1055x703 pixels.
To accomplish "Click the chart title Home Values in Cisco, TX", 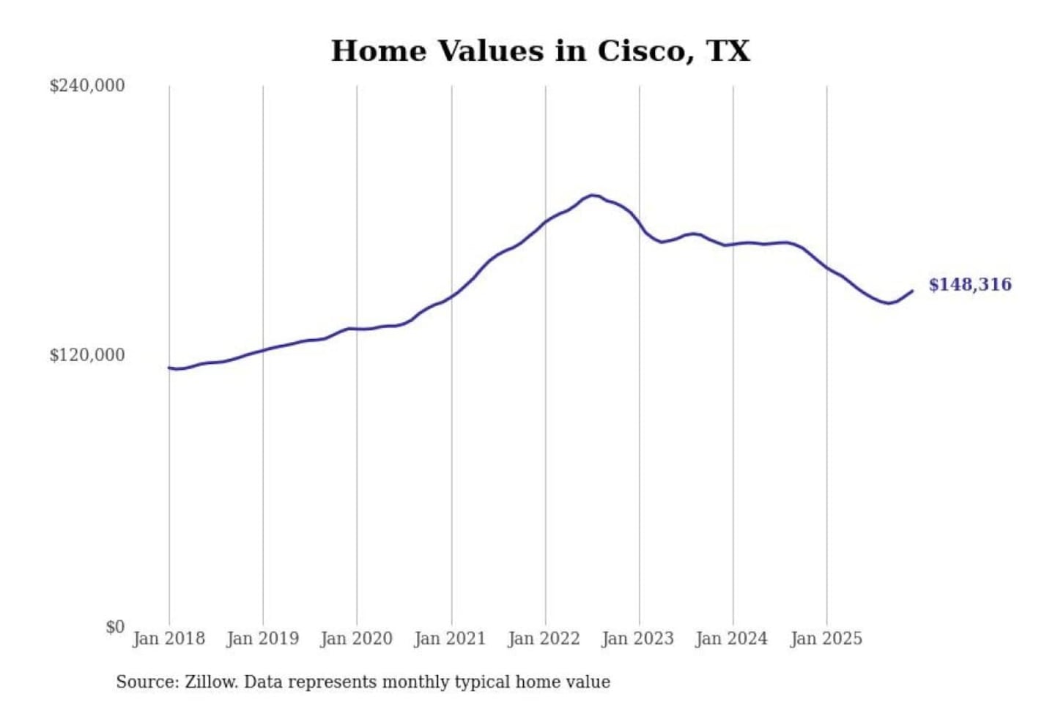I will tap(541, 51).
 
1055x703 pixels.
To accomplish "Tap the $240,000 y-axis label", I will tap(87, 86).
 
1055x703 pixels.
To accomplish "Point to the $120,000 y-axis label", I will tap(87, 355).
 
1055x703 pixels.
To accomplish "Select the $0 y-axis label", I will tap(115, 627).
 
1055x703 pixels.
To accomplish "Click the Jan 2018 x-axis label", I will tap(169, 639).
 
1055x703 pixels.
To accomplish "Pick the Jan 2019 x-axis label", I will tap(262, 639).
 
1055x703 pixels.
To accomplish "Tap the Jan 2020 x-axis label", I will tap(356, 639).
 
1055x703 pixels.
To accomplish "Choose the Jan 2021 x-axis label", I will tap(450, 639).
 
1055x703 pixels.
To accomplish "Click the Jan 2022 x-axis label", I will tap(544, 639).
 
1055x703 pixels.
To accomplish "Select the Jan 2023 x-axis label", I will tap(637, 639).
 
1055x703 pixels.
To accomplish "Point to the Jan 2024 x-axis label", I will tap(731, 639).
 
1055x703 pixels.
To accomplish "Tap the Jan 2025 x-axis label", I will tap(826, 639).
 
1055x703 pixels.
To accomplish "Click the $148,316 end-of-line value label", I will tap(970, 285).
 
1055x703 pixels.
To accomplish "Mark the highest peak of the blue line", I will tap(592, 195).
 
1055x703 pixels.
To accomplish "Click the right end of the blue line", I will tap(912, 291).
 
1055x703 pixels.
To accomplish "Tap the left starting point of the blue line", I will tap(169, 368).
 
